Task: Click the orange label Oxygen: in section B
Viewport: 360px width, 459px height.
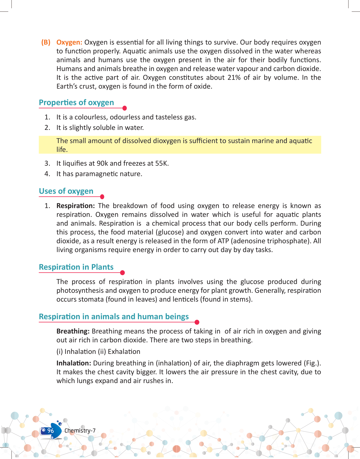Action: coord(69,42)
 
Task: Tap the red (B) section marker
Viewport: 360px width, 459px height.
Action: coord(46,42)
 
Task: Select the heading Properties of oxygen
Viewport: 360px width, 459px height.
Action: coord(76,103)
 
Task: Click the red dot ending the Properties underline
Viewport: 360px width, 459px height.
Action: coord(124,108)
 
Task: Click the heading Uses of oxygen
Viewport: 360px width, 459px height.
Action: coord(66,191)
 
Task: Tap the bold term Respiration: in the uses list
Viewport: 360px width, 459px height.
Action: coord(75,206)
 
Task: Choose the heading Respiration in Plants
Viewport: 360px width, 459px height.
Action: coord(76,267)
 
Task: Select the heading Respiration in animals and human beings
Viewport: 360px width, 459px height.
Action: coord(114,317)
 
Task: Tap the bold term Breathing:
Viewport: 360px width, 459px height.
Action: coord(73,331)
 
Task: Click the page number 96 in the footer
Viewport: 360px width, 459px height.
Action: coord(50,431)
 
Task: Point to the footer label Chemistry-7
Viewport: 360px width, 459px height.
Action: coord(80,431)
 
